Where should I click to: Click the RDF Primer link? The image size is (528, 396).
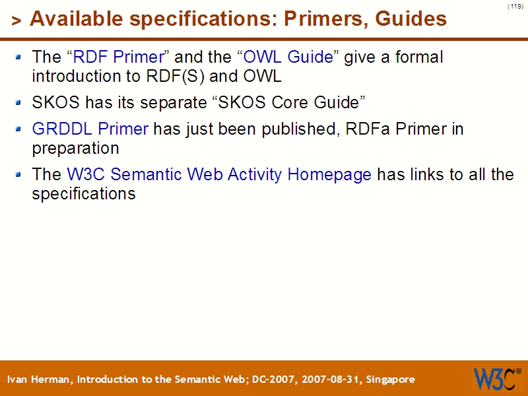(117, 57)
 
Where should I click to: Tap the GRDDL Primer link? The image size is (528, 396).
(90, 129)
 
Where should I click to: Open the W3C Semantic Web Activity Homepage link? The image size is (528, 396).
(219, 175)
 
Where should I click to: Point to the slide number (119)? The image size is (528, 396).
(515, 7)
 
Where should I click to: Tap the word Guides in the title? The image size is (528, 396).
(411, 20)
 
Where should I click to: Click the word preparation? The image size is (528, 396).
(75, 148)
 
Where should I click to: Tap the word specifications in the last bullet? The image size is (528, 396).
(84, 195)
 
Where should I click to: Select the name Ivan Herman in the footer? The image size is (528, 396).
(41, 379)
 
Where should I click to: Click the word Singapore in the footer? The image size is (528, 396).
(390, 379)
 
